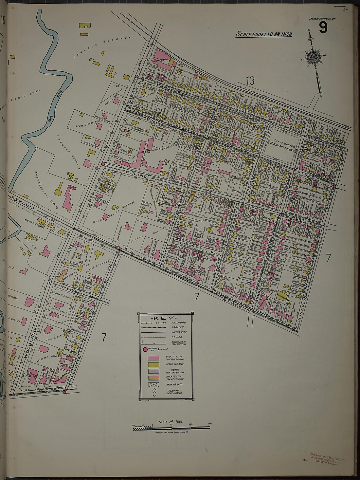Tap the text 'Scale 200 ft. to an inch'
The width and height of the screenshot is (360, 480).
pos(264,34)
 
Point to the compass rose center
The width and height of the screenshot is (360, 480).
pos(314,57)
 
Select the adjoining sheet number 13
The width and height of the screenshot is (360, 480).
pos(250,80)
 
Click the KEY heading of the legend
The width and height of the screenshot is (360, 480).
pos(165,318)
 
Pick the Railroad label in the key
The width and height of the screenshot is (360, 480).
pos(178,323)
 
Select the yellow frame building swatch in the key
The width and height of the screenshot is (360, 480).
pos(153,364)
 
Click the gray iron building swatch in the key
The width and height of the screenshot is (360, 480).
pos(153,371)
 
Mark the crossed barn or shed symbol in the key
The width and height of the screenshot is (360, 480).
pos(153,385)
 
